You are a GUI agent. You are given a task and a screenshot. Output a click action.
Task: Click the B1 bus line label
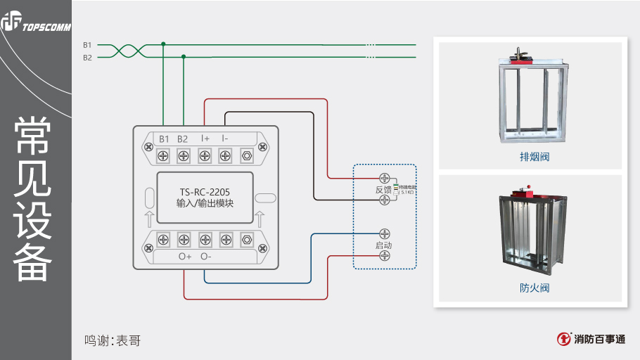click(x=87, y=45)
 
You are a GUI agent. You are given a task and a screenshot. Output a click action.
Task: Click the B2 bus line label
click(x=87, y=58)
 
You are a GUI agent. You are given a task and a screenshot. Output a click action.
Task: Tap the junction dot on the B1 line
click(x=163, y=44)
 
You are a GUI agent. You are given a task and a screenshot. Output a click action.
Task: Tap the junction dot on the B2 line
click(x=184, y=56)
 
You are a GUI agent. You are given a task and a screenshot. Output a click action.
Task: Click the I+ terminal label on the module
click(x=205, y=139)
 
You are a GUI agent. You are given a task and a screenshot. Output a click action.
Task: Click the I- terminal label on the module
click(x=225, y=139)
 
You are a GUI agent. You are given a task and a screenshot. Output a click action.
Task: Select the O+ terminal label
click(x=185, y=257)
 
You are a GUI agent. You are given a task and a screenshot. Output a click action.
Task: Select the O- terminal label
click(x=206, y=257)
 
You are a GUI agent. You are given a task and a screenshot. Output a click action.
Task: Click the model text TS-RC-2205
click(x=205, y=191)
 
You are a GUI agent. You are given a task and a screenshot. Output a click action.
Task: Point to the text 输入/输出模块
click(x=205, y=203)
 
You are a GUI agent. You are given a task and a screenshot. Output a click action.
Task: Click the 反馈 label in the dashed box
click(x=383, y=190)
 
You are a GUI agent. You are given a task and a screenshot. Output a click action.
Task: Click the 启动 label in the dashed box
click(x=383, y=245)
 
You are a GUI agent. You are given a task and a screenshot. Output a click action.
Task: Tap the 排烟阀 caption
click(x=530, y=157)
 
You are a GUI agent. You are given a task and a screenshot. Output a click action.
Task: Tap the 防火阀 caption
click(x=530, y=288)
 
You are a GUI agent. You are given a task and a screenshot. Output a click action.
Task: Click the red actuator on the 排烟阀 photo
click(x=523, y=61)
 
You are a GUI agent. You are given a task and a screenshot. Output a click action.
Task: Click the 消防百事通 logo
click(x=591, y=339)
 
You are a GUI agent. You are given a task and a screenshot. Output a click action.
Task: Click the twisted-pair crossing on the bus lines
click(x=127, y=51)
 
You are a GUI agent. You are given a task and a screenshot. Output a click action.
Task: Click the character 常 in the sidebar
click(x=32, y=135)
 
